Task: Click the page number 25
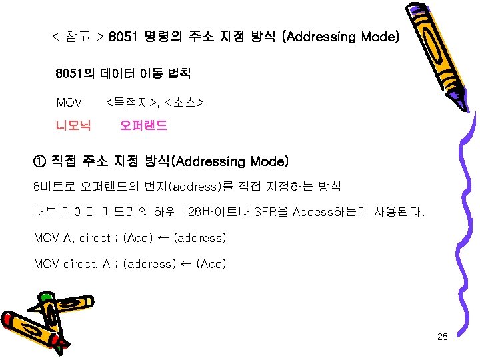coord(442,337)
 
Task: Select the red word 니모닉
coord(73,125)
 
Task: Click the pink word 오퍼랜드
coord(143,125)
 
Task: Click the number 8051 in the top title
coord(123,37)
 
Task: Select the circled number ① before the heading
coord(39,161)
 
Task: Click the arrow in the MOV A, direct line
coord(164,238)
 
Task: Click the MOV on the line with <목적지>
coord(69,103)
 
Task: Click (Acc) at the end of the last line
coord(211,264)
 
